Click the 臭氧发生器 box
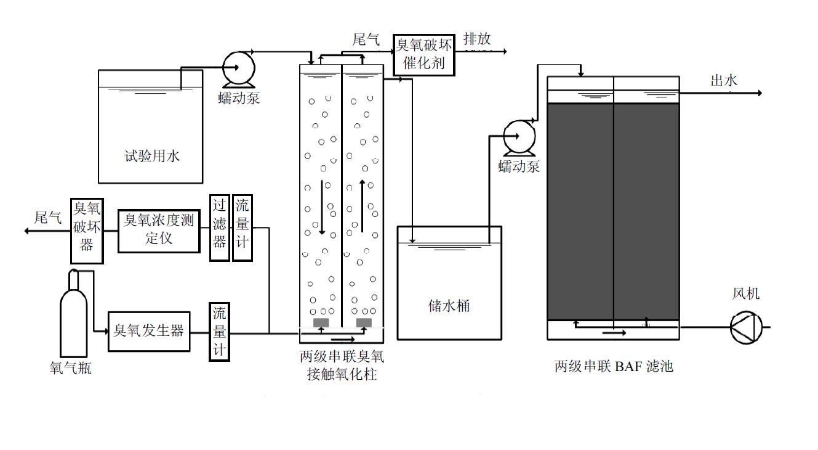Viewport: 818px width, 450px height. [x=149, y=331]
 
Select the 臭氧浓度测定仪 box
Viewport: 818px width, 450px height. [x=159, y=230]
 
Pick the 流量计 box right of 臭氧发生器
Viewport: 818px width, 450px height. [x=219, y=332]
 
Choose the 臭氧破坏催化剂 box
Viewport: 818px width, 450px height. [x=424, y=55]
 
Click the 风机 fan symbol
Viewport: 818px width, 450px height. [x=746, y=327]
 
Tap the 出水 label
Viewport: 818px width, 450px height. [x=724, y=80]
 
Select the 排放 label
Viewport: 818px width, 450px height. [x=477, y=39]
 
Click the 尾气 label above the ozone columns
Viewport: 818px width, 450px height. [x=366, y=40]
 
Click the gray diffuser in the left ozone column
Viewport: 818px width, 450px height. [x=321, y=322]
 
